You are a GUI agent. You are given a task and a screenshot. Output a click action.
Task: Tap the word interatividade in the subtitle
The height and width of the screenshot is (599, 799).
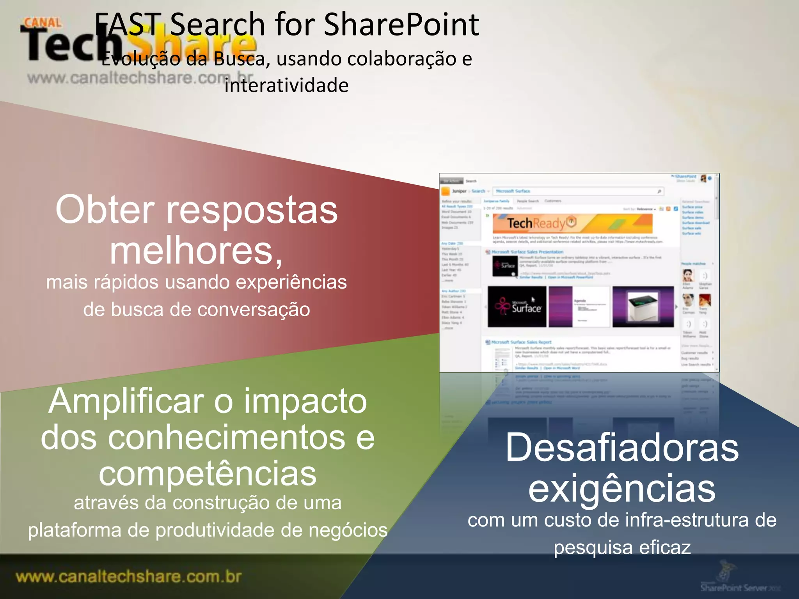point(286,85)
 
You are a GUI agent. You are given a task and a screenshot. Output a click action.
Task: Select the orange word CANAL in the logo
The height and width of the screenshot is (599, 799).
point(43,23)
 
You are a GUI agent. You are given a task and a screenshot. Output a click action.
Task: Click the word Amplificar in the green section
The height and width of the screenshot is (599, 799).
point(126,401)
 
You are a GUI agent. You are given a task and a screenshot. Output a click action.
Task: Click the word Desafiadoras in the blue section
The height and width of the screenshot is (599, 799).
point(622,448)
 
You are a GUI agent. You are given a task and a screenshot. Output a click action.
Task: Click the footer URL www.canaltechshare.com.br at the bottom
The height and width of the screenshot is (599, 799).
point(129,577)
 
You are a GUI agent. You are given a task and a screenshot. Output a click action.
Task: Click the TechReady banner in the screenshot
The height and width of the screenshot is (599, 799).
point(572,223)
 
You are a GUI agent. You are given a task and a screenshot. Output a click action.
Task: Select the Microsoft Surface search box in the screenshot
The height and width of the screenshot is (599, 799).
point(577,191)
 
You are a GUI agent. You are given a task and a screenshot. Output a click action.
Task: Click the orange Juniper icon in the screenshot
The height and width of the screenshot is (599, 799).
point(445,191)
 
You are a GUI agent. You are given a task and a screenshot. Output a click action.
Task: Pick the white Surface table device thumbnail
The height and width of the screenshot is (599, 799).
point(643,307)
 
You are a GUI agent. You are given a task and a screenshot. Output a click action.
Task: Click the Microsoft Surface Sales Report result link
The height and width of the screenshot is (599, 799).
point(521,342)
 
